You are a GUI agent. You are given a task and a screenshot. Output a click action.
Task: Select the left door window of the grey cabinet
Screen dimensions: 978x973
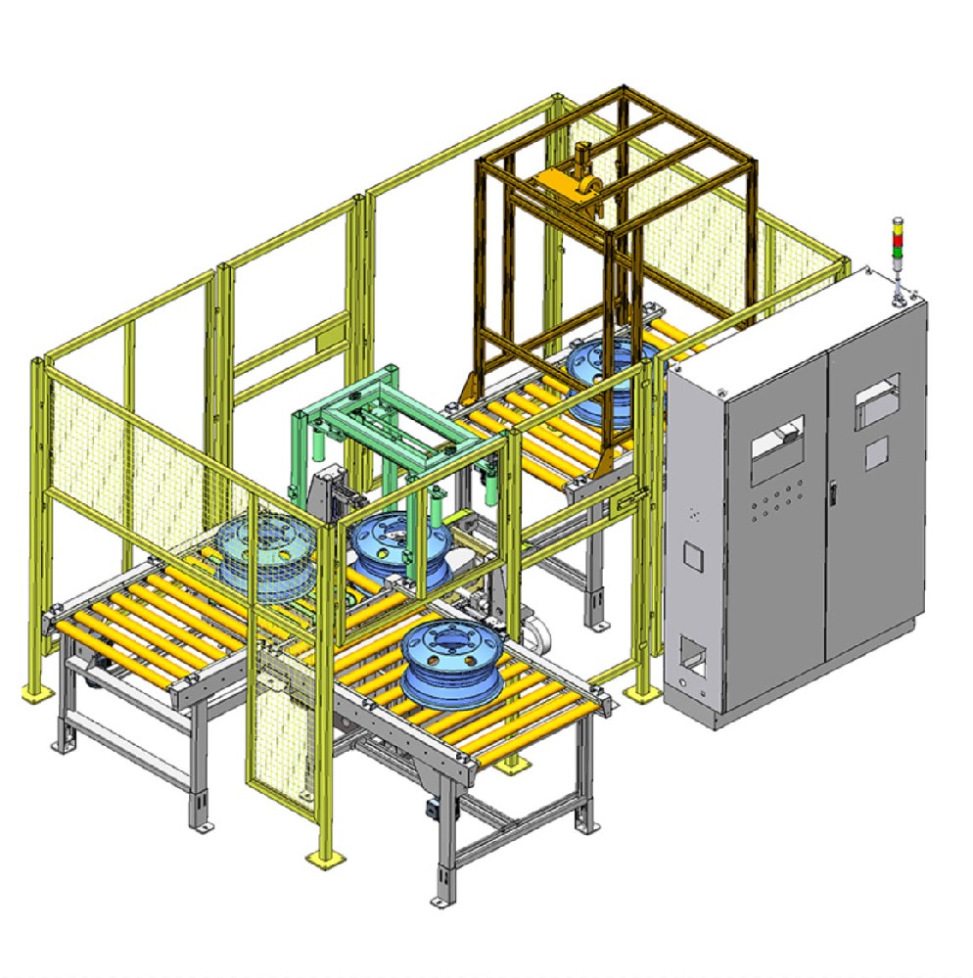tap(777, 451)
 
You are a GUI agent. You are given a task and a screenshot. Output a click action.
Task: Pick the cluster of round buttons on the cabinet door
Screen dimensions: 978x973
tap(774, 503)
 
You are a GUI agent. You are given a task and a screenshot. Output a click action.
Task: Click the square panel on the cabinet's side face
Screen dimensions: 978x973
tap(692, 555)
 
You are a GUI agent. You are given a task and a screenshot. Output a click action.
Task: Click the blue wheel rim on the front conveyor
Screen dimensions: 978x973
tap(444, 661)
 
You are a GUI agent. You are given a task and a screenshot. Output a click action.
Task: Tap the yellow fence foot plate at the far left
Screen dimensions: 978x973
tap(36, 693)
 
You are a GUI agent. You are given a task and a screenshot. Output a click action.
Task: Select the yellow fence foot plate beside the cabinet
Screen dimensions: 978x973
tap(642, 692)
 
